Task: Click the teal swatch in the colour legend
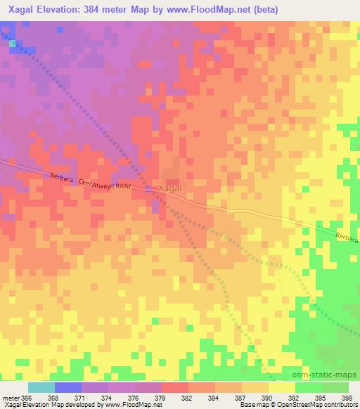[x=41, y=387]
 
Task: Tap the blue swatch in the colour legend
[x=68, y=387]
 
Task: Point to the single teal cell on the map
[x=13, y=44]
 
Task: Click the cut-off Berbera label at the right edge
[x=347, y=239]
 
